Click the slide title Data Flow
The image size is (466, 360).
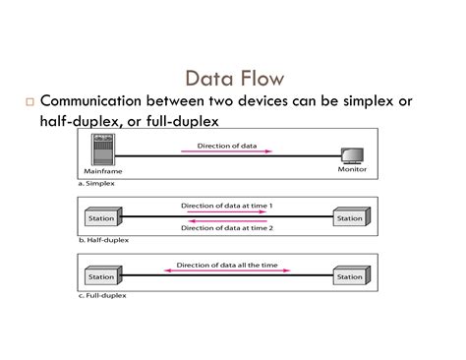(x=232, y=77)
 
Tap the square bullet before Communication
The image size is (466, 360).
(x=30, y=101)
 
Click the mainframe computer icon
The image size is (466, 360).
(x=97, y=151)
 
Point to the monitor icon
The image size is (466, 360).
(x=351, y=155)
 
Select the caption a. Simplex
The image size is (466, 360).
(x=96, y=182)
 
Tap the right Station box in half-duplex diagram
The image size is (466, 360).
(x=351, y=216)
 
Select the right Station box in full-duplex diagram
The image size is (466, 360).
(x=351, y=276)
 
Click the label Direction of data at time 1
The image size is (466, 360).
(x=227, y=205)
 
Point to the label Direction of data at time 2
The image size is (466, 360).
(x=227, y=229)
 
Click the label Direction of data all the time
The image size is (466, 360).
(x=227, y=265)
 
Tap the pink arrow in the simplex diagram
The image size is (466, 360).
(x=227, y=151)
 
